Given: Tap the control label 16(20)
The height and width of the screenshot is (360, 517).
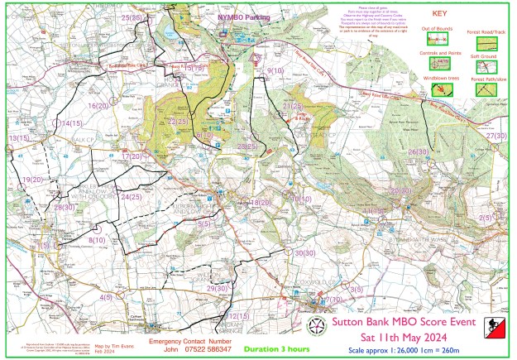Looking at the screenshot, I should (98, 106).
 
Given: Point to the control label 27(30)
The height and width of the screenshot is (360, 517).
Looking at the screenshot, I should (496, 135).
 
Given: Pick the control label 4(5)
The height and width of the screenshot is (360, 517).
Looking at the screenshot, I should (106, 296).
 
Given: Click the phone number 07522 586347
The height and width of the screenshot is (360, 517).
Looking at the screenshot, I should (203, 349).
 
